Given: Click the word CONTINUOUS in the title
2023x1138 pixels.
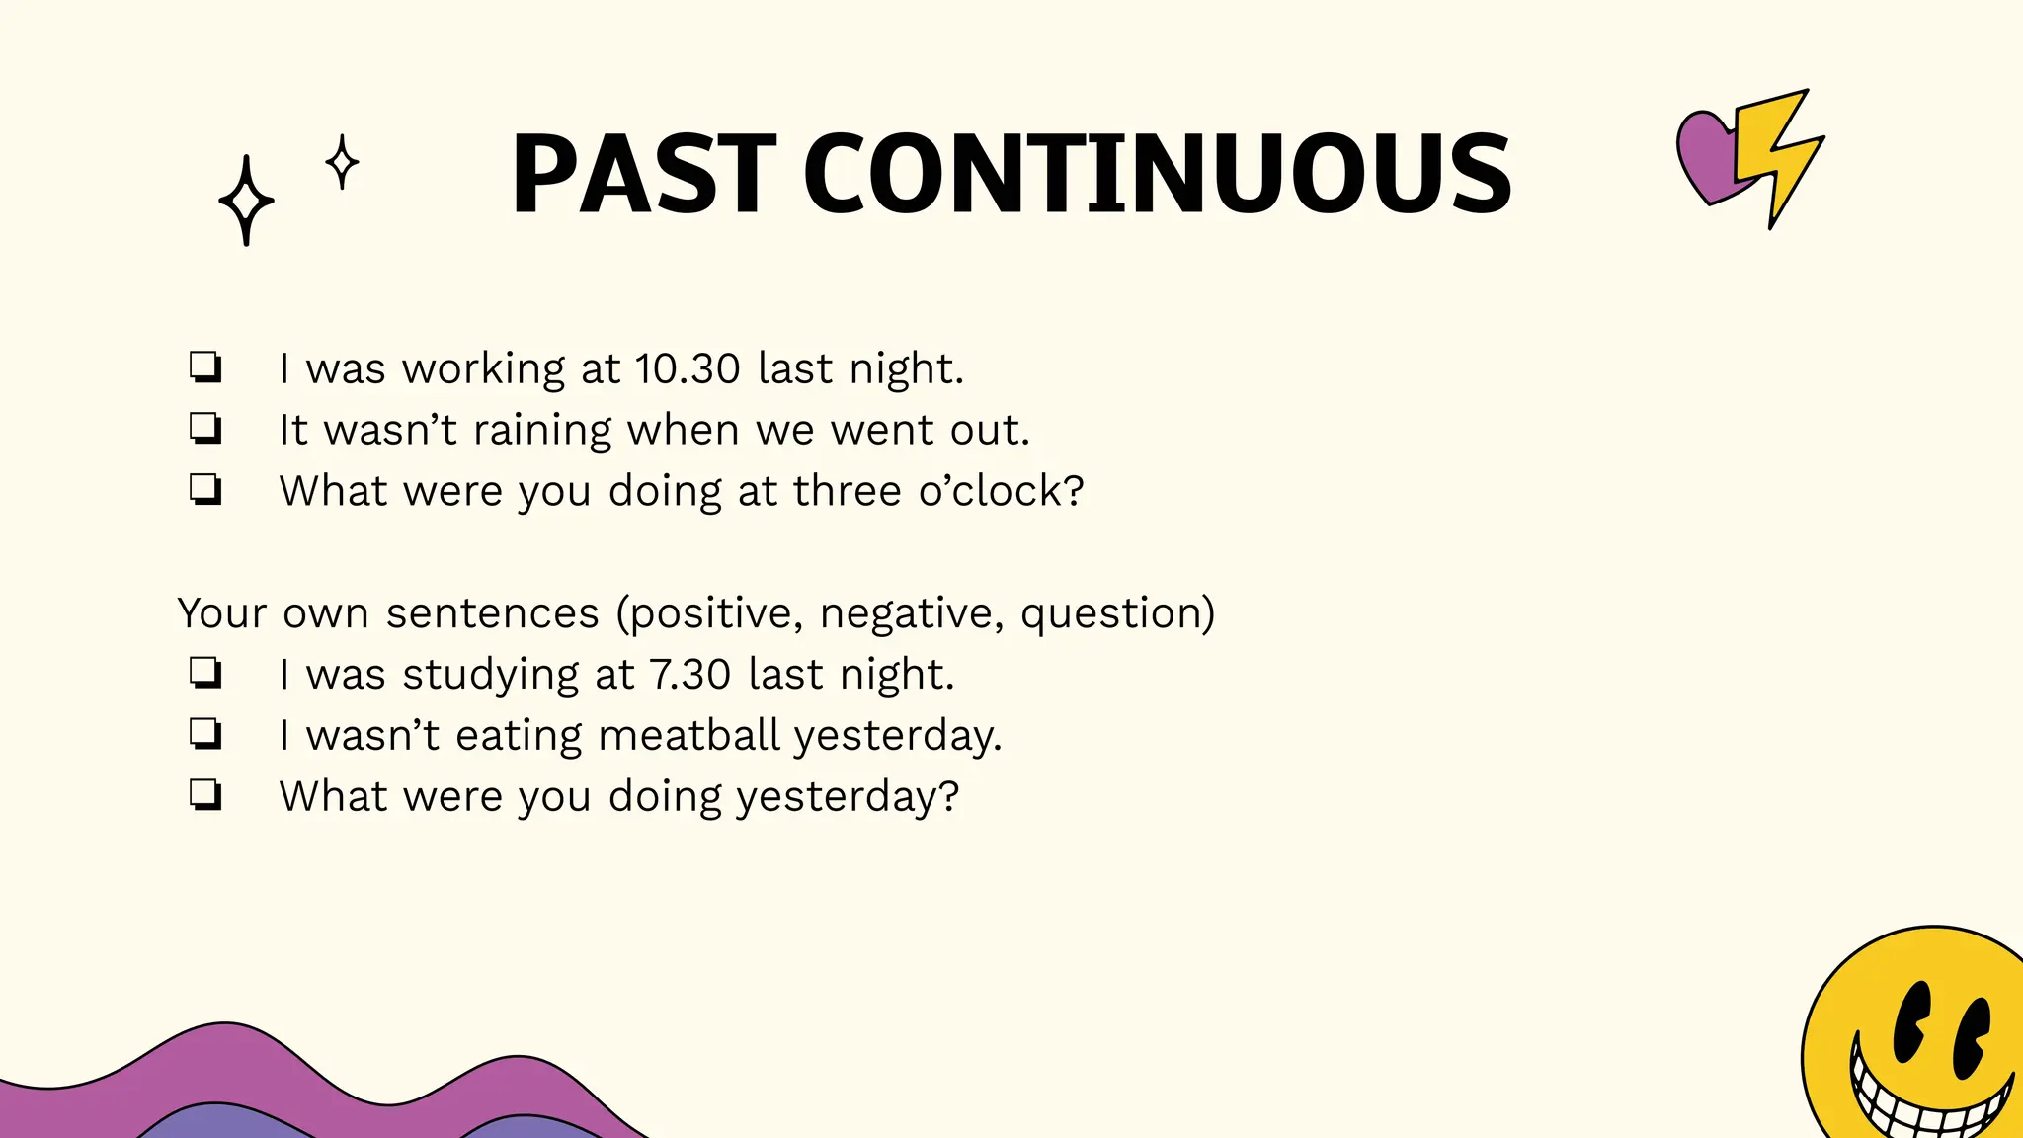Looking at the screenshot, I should (1157, 176).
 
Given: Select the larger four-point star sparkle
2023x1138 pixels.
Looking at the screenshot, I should (246, 201).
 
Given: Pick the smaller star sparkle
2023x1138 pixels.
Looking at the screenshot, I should (342, 162).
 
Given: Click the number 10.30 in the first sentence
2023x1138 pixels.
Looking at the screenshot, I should (688, 369).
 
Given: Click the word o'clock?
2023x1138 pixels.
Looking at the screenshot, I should (1001, 491).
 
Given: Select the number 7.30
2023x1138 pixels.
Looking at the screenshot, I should (689, 675).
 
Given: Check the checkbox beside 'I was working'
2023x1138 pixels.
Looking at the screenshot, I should (205, 367).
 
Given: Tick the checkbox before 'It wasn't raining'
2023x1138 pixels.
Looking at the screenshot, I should (205, 429).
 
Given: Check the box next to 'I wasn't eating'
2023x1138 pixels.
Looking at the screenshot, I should (205, 734).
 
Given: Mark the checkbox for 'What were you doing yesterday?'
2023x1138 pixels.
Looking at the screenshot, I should (205, 795).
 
